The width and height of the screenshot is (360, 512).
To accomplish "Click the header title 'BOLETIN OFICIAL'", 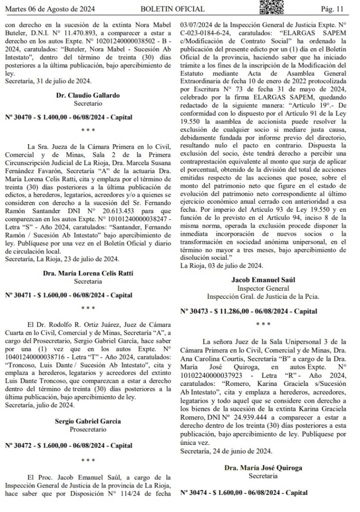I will pyautogui.click(x=172, y=9).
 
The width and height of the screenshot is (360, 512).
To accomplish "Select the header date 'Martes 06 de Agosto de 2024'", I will pyautogui.click(x=48, y=9).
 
